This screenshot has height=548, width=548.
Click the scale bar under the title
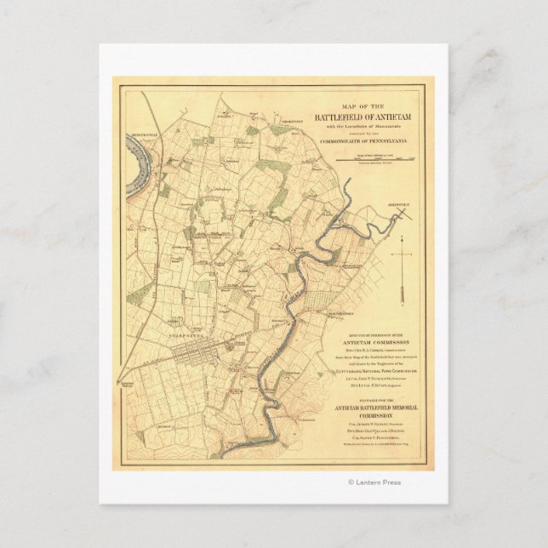[374, 159]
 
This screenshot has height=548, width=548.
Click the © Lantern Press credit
[374, 482]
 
